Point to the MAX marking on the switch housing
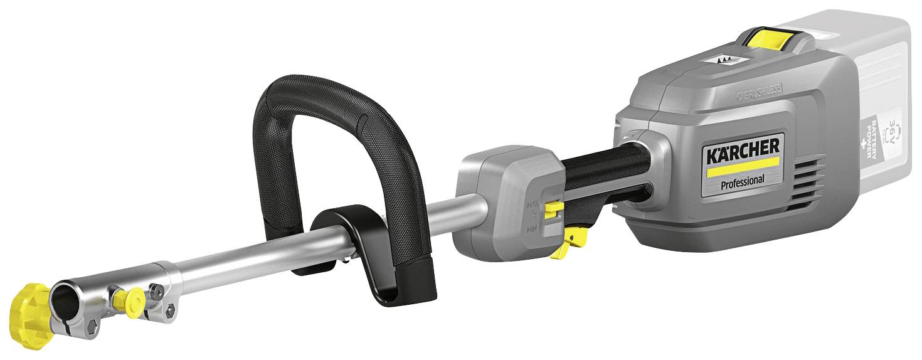533,205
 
